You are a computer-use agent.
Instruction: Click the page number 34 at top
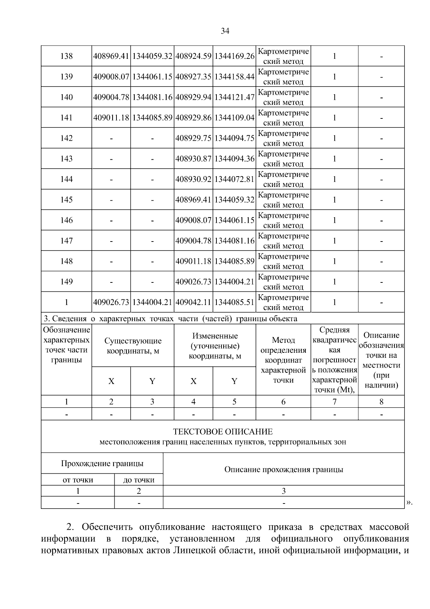point(225,31)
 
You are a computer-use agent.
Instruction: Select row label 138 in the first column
point(67,56)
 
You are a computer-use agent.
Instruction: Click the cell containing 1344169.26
point(234,56)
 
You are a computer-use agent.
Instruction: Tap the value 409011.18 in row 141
point(111,118)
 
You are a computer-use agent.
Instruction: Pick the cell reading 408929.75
point(193,138)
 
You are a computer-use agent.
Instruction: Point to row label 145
point(67,200)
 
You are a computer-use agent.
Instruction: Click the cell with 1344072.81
point(234,179)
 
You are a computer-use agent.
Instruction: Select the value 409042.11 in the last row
point(193,303)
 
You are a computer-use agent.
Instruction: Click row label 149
point(67,282)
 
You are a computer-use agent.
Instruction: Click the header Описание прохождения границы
point(283,469)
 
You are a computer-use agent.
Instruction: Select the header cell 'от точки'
point(78,480)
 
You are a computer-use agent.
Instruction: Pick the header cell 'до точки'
point(139,480)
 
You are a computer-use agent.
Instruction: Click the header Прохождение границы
point(102,464)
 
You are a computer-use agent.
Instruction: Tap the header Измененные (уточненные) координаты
point(215,346)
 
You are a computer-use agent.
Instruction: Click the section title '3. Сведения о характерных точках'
point(170,319)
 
